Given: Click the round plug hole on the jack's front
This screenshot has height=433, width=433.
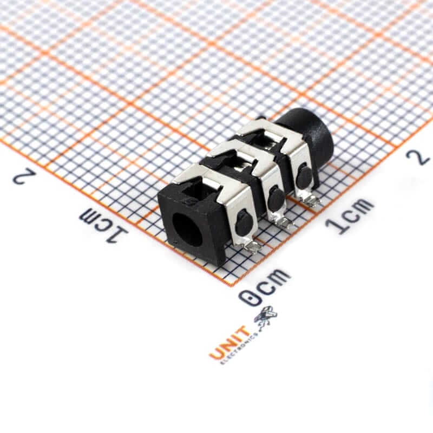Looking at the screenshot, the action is (188, 229).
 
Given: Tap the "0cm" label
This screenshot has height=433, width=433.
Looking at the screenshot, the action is (265, 287).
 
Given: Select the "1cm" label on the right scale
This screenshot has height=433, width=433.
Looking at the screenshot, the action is (350, 215).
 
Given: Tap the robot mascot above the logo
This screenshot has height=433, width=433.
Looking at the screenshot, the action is (266, 317).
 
